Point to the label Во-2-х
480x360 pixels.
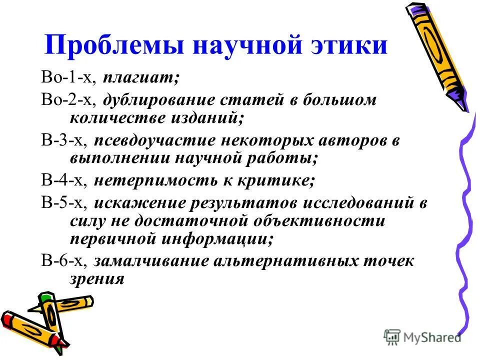pos(69,100)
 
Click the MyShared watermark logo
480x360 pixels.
pos(422,337)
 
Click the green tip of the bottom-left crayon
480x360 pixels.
pos(46,298)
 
